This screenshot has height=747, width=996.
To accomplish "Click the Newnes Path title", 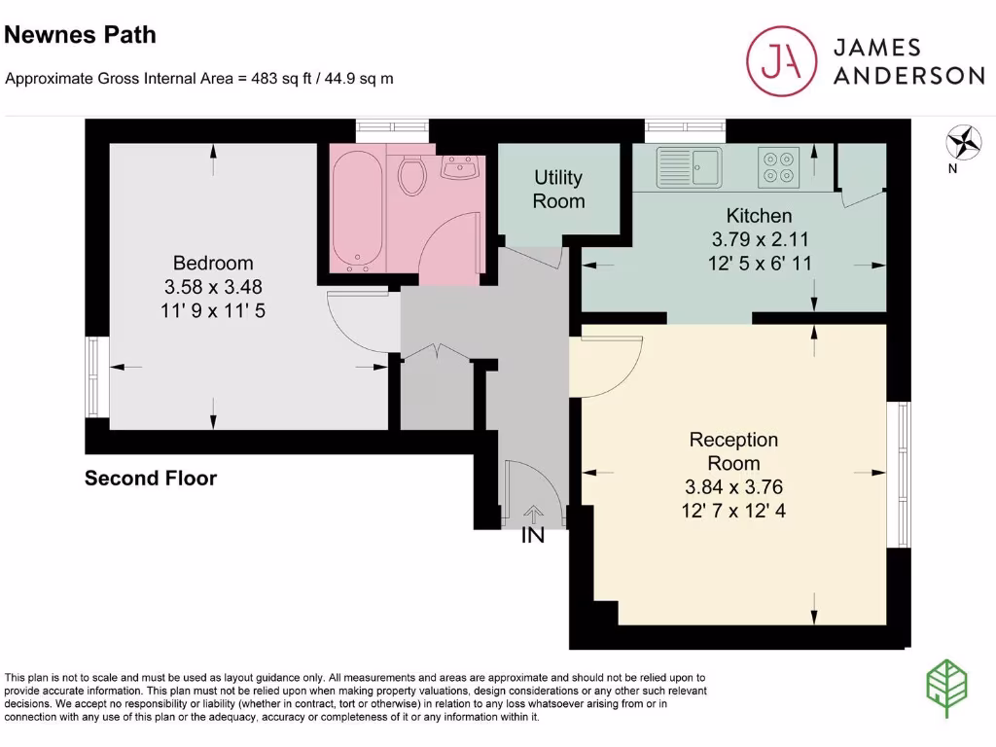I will point(81,36).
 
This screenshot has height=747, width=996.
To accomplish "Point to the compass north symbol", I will point(964,144).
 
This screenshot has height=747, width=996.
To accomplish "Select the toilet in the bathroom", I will point(412,175).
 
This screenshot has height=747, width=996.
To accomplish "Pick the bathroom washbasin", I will point(458,168).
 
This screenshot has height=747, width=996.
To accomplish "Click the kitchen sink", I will point(690,166).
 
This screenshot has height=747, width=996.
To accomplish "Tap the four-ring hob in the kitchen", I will point(777,166).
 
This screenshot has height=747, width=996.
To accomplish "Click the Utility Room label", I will point(558,190).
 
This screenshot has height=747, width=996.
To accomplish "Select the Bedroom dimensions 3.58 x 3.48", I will point(213,287).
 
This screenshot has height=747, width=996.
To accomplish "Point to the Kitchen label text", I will point(760,215).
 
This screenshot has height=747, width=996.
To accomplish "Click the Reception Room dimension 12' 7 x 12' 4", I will point(733,509).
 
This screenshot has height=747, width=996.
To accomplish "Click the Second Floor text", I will point(151,479).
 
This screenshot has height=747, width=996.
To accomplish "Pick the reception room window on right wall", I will point(904,475).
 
